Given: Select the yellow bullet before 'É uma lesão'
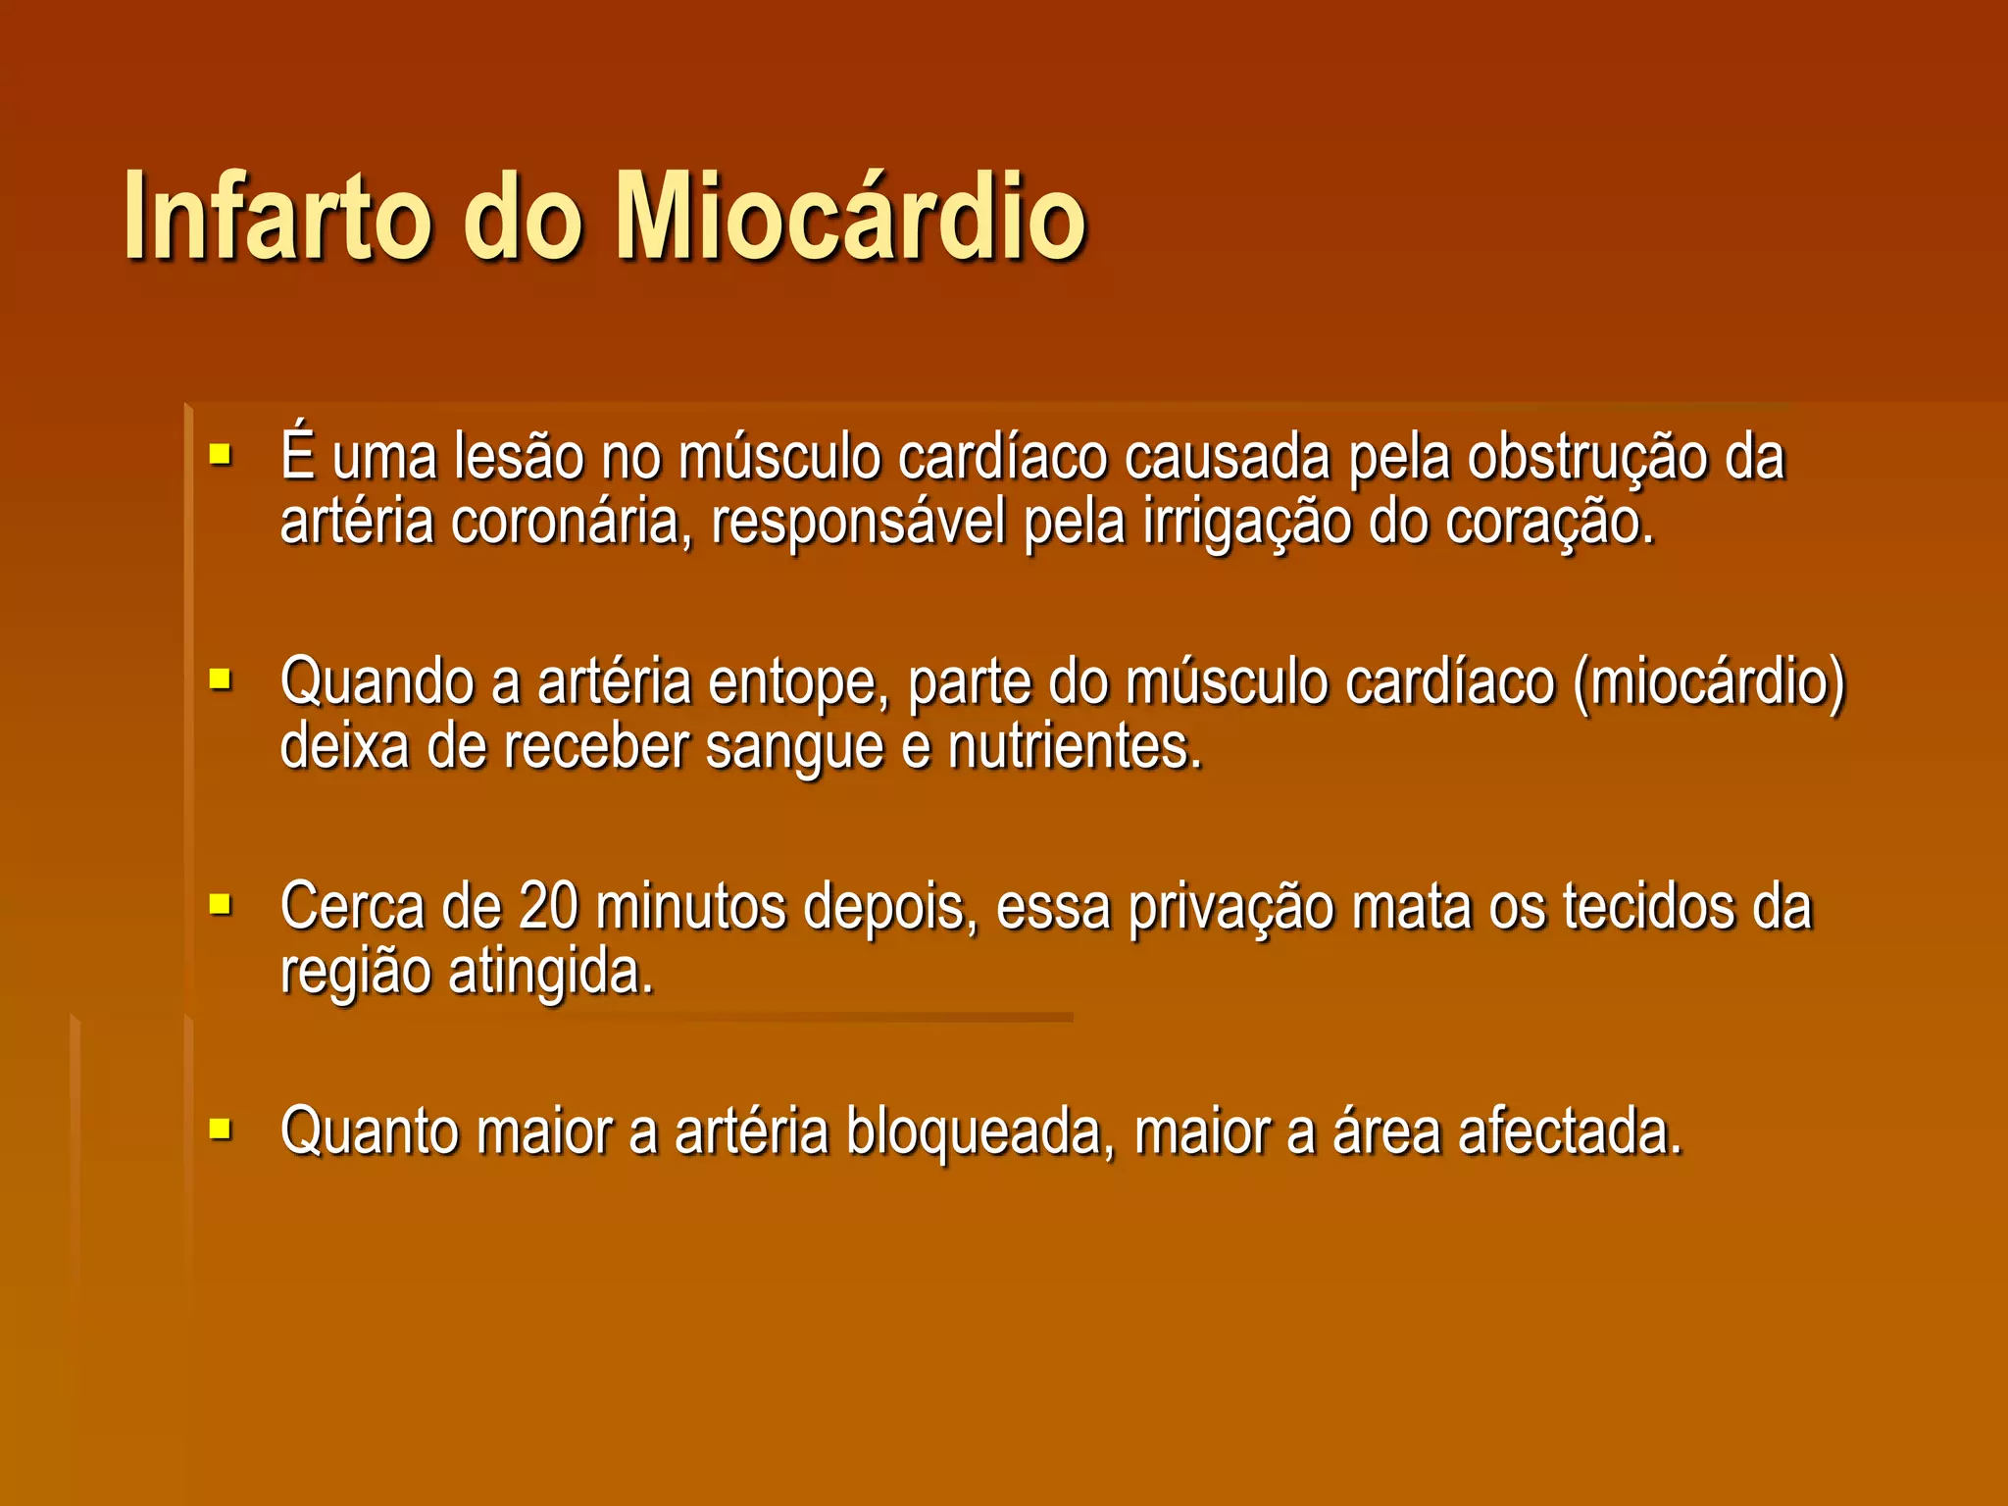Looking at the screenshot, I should pos(221,455).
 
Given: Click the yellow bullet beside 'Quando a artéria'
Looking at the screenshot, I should pos(221,678).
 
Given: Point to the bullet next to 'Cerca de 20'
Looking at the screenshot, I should pos(221,904).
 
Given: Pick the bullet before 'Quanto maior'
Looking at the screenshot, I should pos(221,1129).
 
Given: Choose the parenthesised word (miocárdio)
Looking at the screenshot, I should pos(1709,682).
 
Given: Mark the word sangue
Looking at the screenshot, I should pos(794,749).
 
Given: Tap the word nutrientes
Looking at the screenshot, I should pos(1075,747).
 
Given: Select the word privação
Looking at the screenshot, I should pos(1230,908).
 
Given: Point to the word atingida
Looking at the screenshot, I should pos(550,973).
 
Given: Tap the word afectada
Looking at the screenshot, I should pos(1570,1131).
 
